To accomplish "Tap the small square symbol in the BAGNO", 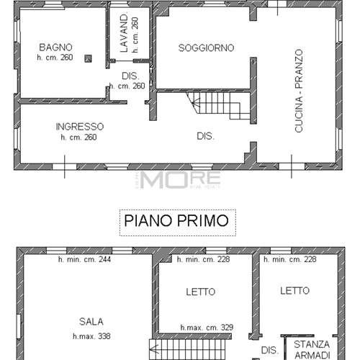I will pos(88,59).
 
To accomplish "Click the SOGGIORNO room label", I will pos(206,48).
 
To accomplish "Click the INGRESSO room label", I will pos(79,126).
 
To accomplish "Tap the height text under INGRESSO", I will pos(79,137).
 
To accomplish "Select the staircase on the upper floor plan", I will pos(217,107).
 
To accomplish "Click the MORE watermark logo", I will pos(180,179).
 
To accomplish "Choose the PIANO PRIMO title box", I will pos(177,220).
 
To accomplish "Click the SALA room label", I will pos(91,321).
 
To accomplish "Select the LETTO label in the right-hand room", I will pos(295,290).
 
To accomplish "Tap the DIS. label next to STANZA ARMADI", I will pos(269,350).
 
